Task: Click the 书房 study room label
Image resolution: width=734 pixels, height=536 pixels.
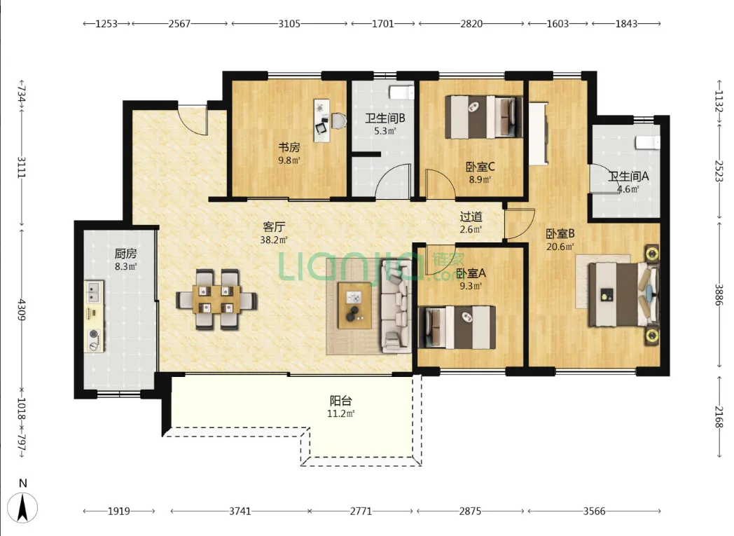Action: click(x=289, y=147)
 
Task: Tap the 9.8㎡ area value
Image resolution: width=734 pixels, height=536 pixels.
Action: click(x=289, y=160)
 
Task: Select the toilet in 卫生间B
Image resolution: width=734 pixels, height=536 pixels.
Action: click(x=402, y=92)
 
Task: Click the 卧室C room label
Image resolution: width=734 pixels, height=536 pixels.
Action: click(x=480, y=167)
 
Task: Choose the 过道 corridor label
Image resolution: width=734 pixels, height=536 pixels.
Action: click(x=471, y=217)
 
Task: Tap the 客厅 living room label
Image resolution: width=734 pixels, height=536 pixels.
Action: click(x=274, y=227)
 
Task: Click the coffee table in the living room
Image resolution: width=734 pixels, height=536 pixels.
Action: click(x=355, y=306)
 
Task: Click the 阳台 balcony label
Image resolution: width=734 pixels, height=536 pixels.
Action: click(x=341, y=401)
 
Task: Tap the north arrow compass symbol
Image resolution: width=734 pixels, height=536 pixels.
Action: click(x=22, y=507)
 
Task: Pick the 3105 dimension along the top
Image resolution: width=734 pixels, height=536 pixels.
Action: click(x=289, y=23)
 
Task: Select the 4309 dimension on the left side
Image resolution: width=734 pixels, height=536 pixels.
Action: click(x=21, y=310)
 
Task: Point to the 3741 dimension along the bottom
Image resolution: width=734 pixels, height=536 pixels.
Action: click(x=240, y=511)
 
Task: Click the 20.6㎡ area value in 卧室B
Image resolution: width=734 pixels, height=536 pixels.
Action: click(x=560, y=247)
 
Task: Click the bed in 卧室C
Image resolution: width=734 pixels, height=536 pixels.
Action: click(x=483, y=117)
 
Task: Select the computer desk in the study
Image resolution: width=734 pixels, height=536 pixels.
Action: click(x=321, y=121)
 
